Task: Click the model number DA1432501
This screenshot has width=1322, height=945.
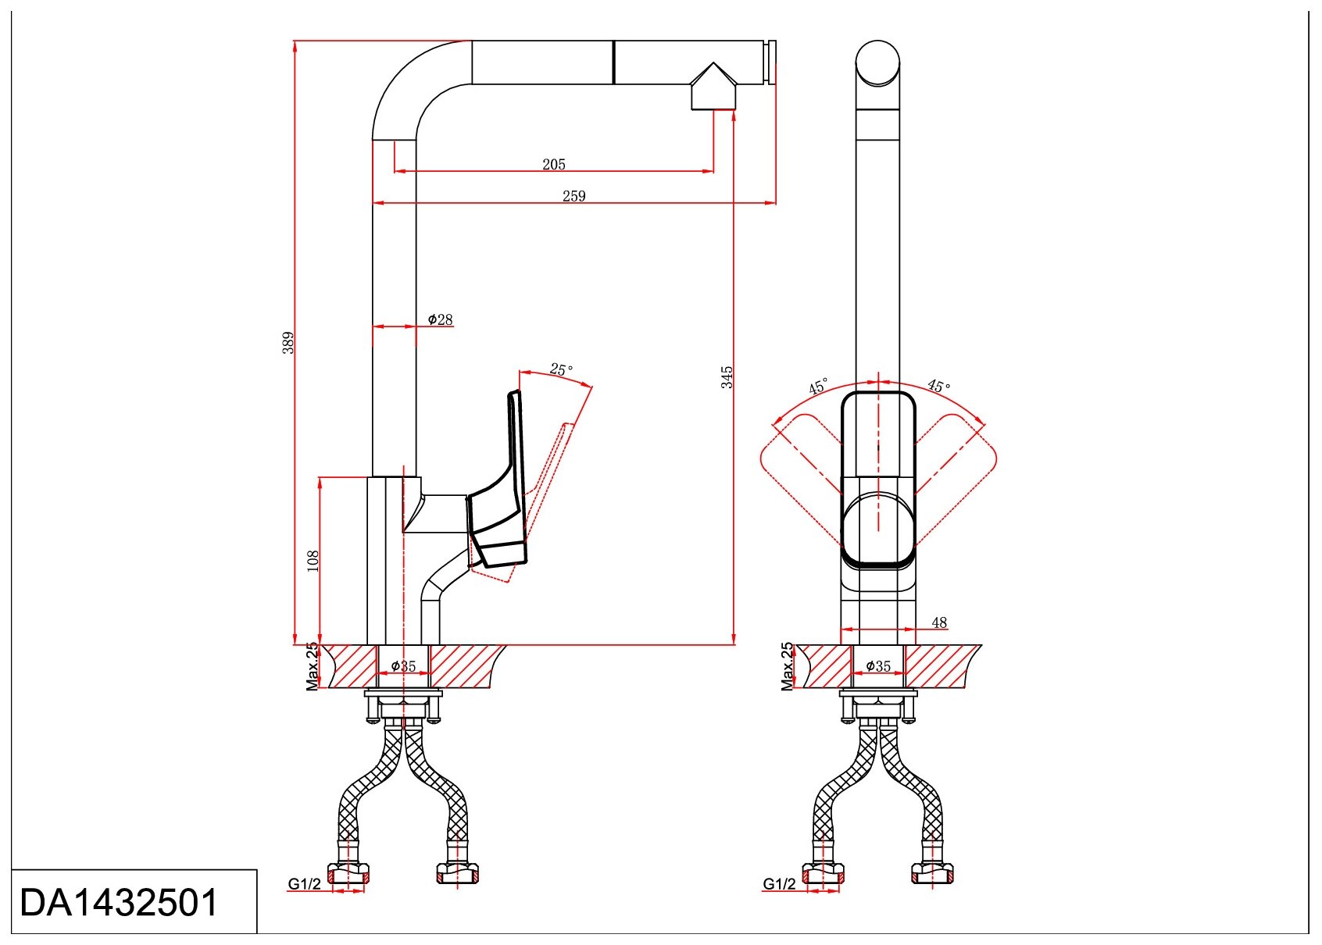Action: tap(119, 903)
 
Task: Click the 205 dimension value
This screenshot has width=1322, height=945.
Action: tap(554, 164)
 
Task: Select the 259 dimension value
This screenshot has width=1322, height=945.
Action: tap(573, 196)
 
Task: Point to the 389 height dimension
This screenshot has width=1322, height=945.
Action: tap(288, 342)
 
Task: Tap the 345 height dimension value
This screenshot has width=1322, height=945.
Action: tap(727, 376)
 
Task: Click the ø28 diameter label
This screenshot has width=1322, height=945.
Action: tap(441, 319)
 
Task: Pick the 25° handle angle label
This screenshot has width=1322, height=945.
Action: tap(561, 369)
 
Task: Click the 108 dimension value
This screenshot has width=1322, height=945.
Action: tap(313, 560)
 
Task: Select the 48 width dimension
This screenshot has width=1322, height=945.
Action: tap(939, 622)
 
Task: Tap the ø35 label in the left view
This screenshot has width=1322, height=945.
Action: tap(403, 666)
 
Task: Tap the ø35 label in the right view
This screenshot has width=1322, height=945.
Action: tap(878, 666)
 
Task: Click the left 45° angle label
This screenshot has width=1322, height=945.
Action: tap(818, 386)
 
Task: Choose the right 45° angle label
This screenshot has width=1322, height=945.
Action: tap(939, 386)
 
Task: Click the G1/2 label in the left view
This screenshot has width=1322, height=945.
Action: tap(304, 884)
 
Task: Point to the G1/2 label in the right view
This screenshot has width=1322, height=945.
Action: tap(779, 884)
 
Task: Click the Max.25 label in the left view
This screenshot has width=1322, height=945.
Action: tap(313, 666)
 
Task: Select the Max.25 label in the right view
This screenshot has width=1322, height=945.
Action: tap(788, 666)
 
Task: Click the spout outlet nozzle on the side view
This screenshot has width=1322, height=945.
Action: tap(713, 89)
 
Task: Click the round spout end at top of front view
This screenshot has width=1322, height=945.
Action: tap(878, 62)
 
